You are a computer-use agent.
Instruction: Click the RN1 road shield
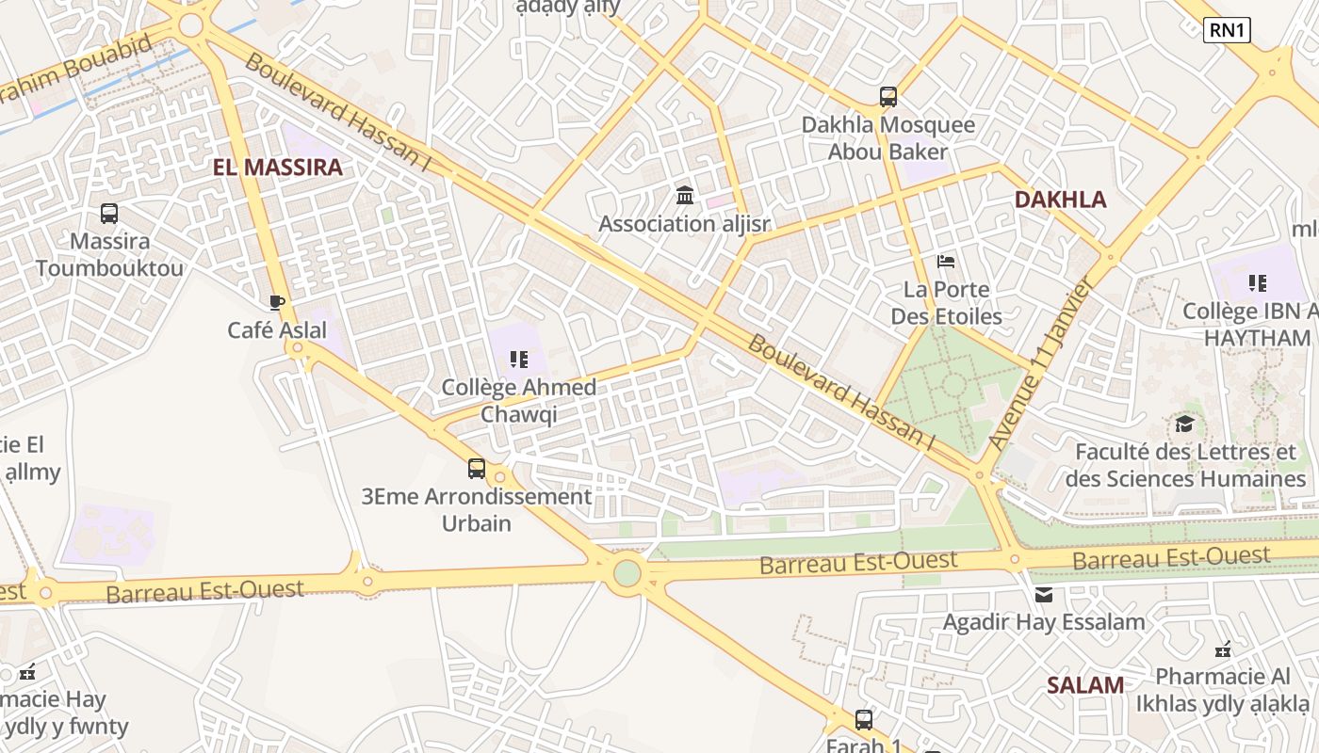point(1227,30)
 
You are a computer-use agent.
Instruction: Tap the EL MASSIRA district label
point(277,168)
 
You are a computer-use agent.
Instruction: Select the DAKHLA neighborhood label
point(1060,200)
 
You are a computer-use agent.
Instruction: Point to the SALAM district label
point(1085,685)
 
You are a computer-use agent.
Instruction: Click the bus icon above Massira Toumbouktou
point(109,214)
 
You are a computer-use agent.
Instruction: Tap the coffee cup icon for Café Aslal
point(276,302)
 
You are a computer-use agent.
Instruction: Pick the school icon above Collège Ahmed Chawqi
point(518,359)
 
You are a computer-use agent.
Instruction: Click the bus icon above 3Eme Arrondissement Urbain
point(477,468)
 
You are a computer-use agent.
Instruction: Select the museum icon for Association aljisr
point(685,196)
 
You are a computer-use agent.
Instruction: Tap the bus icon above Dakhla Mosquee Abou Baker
point(887,96)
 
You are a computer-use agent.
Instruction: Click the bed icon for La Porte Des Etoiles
point(946,261)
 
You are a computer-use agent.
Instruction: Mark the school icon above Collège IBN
point(1257,282)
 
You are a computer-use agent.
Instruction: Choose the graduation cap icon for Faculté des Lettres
point(1184,424)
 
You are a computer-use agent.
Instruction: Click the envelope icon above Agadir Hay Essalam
point(1044,594)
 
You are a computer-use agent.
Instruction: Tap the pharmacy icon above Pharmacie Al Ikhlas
point(1223,649)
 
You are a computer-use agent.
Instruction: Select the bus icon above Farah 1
point(863,720)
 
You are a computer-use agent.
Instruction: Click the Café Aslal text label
point(277,330)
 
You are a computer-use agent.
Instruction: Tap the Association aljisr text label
point(684,224)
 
